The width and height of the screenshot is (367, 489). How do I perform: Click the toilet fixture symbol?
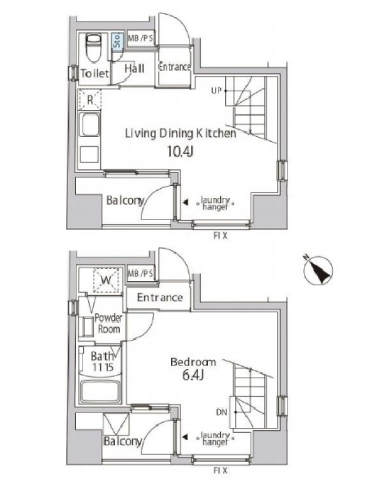click(x=94, y=48)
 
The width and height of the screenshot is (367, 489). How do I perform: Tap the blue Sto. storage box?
click(x=117, y=40)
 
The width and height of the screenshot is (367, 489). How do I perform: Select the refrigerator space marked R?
click(x=90, y=100)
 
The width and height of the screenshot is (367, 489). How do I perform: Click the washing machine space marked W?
click(x=106, y=280)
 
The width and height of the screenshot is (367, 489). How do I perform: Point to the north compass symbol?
click(x=318, y=270)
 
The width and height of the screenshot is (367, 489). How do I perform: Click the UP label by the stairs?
click(x=217, y=90)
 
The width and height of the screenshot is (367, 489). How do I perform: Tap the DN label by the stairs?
click(x=221, y=412)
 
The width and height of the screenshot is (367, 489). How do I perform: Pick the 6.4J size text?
click(x=193, y=375)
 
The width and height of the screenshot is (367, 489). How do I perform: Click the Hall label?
click(x=134, y=68)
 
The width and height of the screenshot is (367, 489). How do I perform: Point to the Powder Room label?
click(x=108, y=323)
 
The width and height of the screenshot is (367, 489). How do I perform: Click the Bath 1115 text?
click(x=102, y=362)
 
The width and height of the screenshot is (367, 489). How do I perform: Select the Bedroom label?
click(x=193, y=362)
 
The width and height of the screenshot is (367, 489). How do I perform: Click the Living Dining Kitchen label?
click(x=180, y=133)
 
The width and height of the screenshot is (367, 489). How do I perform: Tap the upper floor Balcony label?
click(x=125, y=200)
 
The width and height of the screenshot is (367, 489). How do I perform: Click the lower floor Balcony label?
click(x=122, y=441)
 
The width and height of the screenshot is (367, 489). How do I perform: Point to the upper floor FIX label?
click(x=220, y=236)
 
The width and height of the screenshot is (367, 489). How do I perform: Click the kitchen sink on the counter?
click(x=90, y=125)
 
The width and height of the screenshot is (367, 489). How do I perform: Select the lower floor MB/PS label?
click(x=141, y=273)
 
